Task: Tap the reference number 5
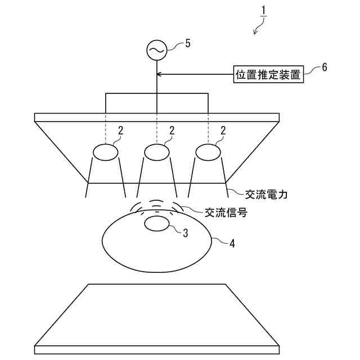point(187,43)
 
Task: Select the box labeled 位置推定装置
point(268,74)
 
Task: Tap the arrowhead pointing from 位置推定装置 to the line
point(160,74)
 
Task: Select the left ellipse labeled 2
point(105,152)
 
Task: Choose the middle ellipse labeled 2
point(157,152)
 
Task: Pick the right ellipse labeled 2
point(208,152)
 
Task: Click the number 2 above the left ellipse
point(120,130)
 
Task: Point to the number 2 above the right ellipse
point(223,130)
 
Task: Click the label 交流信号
point(226,213)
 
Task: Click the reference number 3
point(185,232)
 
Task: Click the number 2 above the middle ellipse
point(172,130)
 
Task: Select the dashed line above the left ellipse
point(105,129)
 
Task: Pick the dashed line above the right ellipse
point(208,129)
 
